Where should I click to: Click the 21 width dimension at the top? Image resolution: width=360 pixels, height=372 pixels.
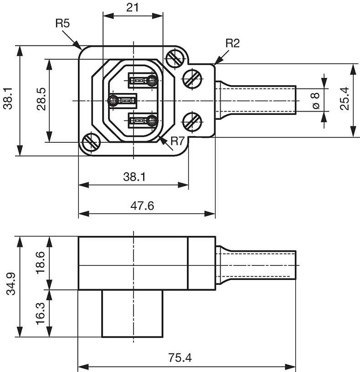click(x=133, y=8)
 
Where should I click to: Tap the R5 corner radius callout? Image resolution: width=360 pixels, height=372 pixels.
click(x=62, y=24)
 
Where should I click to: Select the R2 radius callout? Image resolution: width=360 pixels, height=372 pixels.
click(x=232, y=43)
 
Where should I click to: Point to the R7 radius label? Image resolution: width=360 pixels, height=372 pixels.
click(x=177, y=142)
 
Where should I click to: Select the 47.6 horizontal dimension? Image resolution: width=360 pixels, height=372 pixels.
click(x=142, y=206)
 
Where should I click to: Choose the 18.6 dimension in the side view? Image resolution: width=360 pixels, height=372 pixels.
click(x=41, y=262)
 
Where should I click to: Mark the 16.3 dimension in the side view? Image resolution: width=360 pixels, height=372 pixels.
click(x=41, y=313)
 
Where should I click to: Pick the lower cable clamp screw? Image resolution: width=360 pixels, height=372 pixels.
click(x=192, y=122)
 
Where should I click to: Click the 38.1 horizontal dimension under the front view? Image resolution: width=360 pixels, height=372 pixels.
click(x=133, y=177)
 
